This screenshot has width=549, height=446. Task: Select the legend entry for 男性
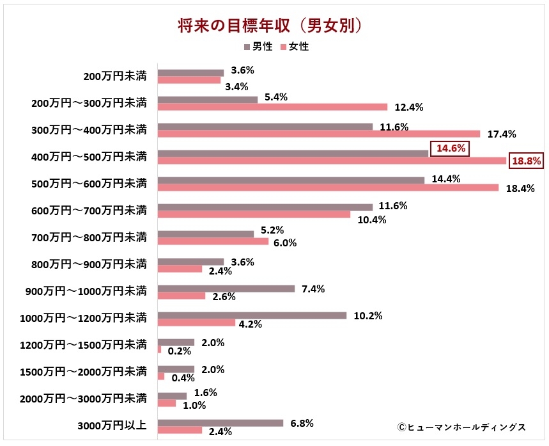click(x=258, y=47)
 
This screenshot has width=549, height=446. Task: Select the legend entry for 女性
click(x=295, y=47)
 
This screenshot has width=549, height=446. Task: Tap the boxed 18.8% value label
click(x=525, y=161)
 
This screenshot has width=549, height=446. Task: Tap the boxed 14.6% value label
click(x=451, y=148)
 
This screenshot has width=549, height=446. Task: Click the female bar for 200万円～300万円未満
click(x=272, y=107)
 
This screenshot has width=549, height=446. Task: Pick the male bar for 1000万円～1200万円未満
click(x=252, y=315)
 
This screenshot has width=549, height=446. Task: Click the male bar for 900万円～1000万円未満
click(x=226, y=289)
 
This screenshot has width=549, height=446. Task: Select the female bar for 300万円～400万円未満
click(x=318, y=134)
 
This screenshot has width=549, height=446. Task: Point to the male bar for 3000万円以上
click(x=220, y=423)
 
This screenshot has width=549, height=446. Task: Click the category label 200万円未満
click(x=115, y=76)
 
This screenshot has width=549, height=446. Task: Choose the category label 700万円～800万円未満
click(x=89, y=237)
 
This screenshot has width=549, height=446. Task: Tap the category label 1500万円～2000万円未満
click(x=83, y=372)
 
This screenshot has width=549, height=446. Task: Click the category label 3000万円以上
click(x=112, y=426)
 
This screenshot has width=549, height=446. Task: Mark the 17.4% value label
click(x=502, y=134)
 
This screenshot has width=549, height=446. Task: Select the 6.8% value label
click(x=302, y=424)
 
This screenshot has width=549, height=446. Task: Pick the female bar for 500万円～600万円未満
click(x=328, y=187)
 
